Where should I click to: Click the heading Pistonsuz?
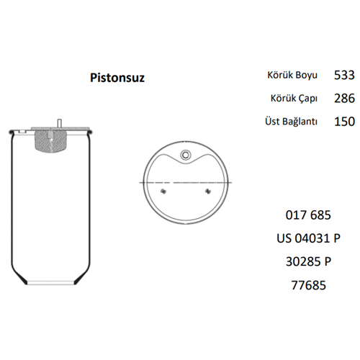pos(117,77)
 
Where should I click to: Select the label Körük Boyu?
pos(293,75)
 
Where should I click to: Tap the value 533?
pos(344,75)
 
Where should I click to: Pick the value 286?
pos(344,98)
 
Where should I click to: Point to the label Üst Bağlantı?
pos(292,121)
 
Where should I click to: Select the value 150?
pos(344,121)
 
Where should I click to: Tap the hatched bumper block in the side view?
pos(53,141)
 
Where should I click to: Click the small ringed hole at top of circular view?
pos(186,155)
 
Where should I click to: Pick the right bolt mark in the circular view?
pos(207,191)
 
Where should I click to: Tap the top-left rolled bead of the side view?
pos(15,132)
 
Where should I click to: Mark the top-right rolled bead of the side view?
pos(90,132)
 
